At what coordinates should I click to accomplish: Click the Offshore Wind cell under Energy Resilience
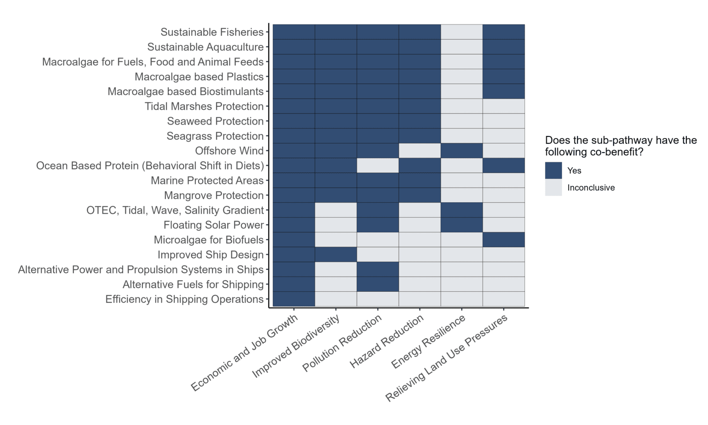(x=461, y=151)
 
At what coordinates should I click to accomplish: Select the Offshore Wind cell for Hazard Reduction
(x=419, y=151)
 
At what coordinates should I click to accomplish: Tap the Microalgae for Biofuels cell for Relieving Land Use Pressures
(x=503, y=240)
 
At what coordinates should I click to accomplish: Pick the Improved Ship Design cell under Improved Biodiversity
(x=336, y=254)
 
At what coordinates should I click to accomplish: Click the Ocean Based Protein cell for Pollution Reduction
(x=378, y=165)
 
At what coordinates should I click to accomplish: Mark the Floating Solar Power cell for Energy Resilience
(x=461, y=225)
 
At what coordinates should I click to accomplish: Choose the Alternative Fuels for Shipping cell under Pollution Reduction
(x=378, y=284)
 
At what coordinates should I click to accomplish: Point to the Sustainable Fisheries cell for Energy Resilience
(x=461, y=32)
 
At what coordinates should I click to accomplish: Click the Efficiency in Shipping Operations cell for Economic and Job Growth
(x=294, y=299)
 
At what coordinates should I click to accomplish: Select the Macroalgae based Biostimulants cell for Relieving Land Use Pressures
(x=503, y=91)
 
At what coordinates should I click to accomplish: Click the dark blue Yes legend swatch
(x=553, y=171)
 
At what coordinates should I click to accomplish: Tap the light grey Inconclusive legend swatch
(x=553, y=188)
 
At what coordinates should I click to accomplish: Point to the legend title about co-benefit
(x=620, y=146)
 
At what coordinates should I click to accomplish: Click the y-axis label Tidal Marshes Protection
(x=204, y=106)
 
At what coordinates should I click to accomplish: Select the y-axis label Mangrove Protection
(x=214, y=195)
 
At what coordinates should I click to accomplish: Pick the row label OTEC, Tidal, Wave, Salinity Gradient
(x=175, y=210)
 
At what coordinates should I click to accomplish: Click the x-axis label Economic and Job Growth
(x=245, y=353)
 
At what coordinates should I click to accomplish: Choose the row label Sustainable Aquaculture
(x=205, y=47)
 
